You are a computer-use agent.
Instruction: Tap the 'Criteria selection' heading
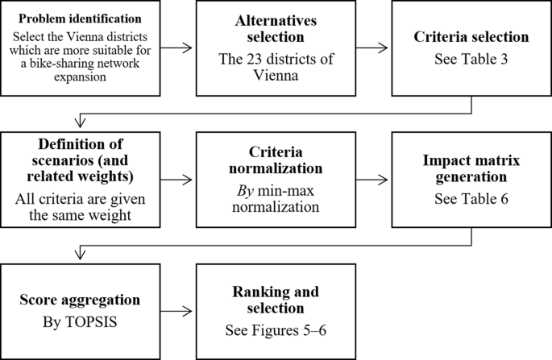click(472, 37)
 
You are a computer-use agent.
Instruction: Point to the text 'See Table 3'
click(472, 58)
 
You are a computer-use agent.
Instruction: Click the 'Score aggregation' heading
click(80, 300)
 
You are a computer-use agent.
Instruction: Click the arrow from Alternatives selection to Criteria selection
click(373, 48)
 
